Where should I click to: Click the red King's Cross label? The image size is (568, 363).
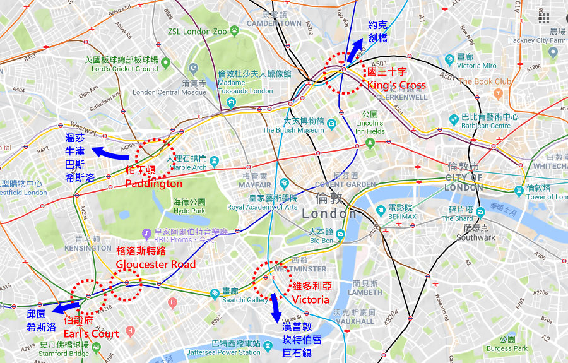point(396,85)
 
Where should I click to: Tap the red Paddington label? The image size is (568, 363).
point(153,184)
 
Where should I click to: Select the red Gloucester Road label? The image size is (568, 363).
point(155,264)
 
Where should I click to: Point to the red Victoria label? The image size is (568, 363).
point(311,299)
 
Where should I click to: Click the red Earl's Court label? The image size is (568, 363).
point(92,333)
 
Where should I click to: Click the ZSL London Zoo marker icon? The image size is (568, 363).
point(234,30)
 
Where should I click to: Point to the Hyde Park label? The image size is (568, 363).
point(189,211)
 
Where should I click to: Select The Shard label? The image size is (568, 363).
point(457,218)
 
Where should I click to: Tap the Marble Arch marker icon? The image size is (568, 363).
point(214,160)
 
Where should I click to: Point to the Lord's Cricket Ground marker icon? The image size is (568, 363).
point(165,62)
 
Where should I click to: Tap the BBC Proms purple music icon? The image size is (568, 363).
point(147,233)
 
